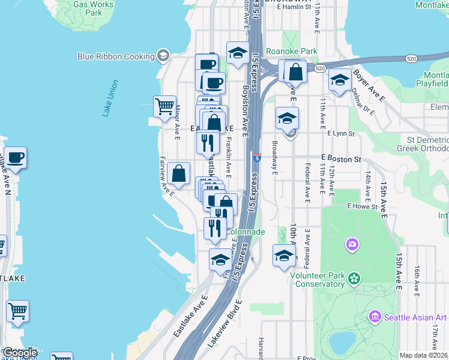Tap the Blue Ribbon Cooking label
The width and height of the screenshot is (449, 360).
coord(116,56)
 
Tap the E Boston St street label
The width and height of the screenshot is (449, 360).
coord(341,159)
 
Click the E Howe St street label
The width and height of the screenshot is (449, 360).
coord(361,206)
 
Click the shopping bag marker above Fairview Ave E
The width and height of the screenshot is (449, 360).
coord(179,174)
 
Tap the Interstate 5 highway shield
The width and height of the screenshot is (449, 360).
coord(257,158)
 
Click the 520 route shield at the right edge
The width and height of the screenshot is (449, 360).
coord(411,59)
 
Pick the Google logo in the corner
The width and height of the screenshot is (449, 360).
coord(20,352)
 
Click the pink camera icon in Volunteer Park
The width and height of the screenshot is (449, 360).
coord(352,244)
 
